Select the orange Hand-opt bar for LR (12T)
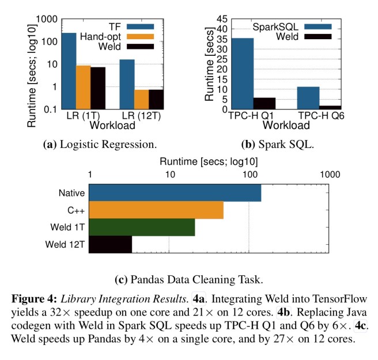141,99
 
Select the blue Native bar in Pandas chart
175,193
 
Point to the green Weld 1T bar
142,227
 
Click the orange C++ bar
156,210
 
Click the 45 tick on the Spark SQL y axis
221,19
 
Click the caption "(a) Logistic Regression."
100,143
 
